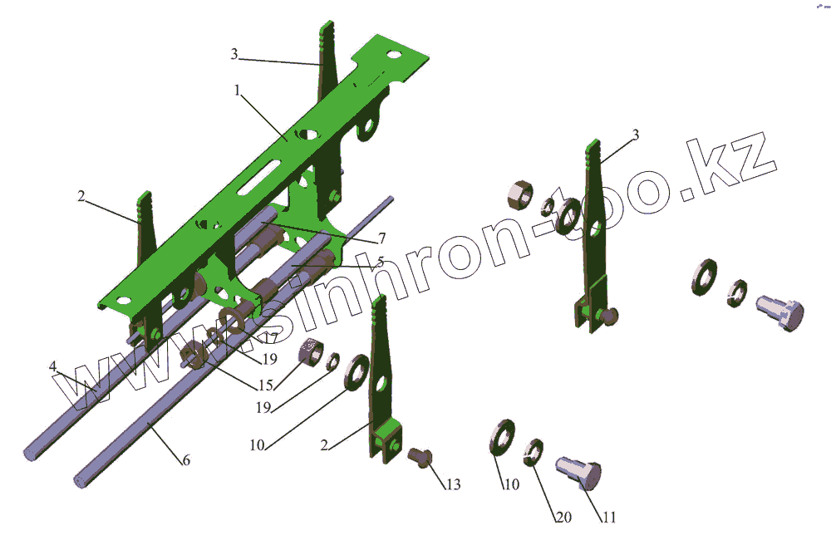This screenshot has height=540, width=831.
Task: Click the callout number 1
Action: click(x=237, y=91)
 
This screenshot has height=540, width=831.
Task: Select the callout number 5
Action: click(x=380, y=262)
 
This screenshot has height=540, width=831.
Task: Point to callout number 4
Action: click(x=52, y=366)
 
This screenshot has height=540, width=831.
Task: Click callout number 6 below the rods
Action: click(x=186, y=460)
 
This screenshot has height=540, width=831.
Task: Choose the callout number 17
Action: click(x=270, y=337)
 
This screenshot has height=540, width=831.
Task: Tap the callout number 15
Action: click(x=266, y=385)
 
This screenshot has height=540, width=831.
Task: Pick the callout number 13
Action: click(x=453, y=484)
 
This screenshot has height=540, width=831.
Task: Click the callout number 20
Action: click(x=563, y=517)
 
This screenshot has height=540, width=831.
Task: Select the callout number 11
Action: click(x=609, y=517)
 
